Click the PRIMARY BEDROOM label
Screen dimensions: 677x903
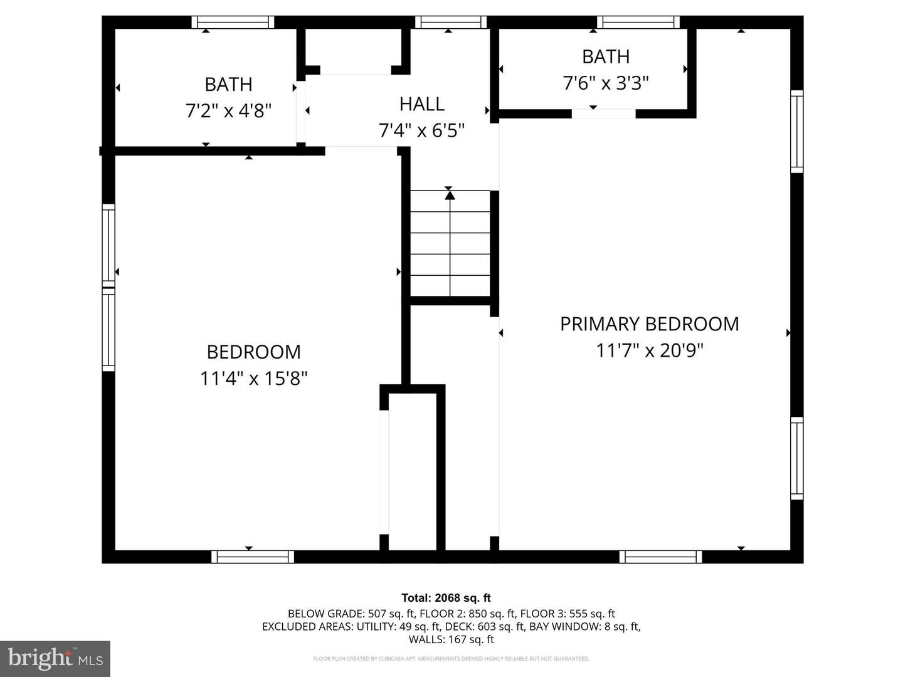(x=649, y=324)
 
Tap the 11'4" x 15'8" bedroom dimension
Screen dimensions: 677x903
(x=253, y=379)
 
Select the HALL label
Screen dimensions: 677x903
(x=421, y=104)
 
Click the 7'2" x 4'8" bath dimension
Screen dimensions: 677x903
(x=228, y=111)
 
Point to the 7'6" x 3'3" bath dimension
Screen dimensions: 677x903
(x=605, y=83)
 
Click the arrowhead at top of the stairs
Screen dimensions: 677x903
(x=449, y=194)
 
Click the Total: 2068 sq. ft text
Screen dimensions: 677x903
(x=446, y=598)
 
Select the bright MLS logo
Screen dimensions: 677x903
(x=55, y=659)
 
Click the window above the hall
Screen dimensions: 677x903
(x=450, y=23)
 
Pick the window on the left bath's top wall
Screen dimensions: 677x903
(x=233, y=23)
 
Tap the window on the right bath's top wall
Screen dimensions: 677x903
(x=638, y=23)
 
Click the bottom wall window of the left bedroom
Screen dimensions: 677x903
(x=253, y=557)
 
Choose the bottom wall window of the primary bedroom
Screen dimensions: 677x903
(x=660, y=557)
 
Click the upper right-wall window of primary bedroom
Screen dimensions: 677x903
(x=796, y=131)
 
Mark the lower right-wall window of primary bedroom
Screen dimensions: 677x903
(x=796, y=458)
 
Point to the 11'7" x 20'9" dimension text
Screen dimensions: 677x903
(x=649, y=350)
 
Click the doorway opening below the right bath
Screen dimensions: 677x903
(x=603, y=113)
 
